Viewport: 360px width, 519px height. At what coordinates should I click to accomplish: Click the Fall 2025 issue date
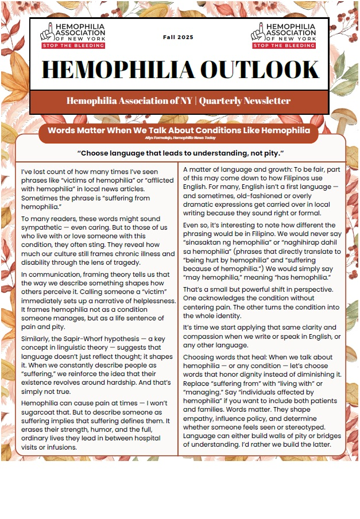179,37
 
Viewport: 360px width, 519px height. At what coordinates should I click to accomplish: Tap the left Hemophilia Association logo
72,35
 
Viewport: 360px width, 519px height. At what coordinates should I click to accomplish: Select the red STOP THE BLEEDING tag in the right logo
283,45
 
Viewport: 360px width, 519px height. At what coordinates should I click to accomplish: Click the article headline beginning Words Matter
178,130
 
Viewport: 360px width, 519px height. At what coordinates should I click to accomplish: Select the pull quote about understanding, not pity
180,153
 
